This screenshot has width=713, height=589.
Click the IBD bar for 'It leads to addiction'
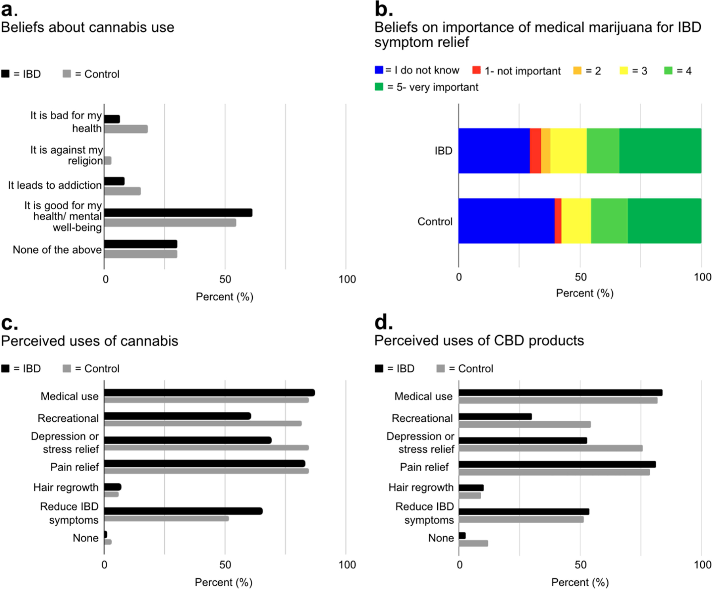click(x=114, y=181)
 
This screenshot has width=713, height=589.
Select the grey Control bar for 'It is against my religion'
click(x=108, y=161)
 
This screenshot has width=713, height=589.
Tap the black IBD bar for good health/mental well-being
click(x=178, y=213)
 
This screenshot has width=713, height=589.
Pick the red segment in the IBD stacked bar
click(x=535, y=151)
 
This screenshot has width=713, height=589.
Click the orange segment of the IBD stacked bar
click(x=545, y=151)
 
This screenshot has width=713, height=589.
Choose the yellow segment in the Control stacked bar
click(x=576, y=221)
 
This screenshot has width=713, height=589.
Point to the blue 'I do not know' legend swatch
click(x=379, y=70)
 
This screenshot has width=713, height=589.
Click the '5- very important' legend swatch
click(x=379, y=87)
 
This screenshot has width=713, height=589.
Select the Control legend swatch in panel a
click(x=67, y=74)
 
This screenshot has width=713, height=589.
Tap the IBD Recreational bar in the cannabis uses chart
click(x=177, y=416)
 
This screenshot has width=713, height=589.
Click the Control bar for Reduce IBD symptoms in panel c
click(x=166, y=518)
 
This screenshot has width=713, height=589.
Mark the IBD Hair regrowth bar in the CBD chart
click(x=471, y=488)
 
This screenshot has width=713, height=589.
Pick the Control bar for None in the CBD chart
click(x=473, y=543)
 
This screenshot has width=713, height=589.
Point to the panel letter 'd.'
click(x=383, y=322)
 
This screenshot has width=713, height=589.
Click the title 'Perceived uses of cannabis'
click(x=90, y=341)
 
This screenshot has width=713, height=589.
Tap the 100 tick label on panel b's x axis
click(x=702, y=277)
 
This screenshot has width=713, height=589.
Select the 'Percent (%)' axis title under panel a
click(x=224, y=296)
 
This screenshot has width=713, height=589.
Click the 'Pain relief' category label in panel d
click(x=424, y=467)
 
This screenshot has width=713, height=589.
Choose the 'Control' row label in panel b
click(x=435, y=221)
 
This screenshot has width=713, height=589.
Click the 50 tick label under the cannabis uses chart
click(x=225, y=564)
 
